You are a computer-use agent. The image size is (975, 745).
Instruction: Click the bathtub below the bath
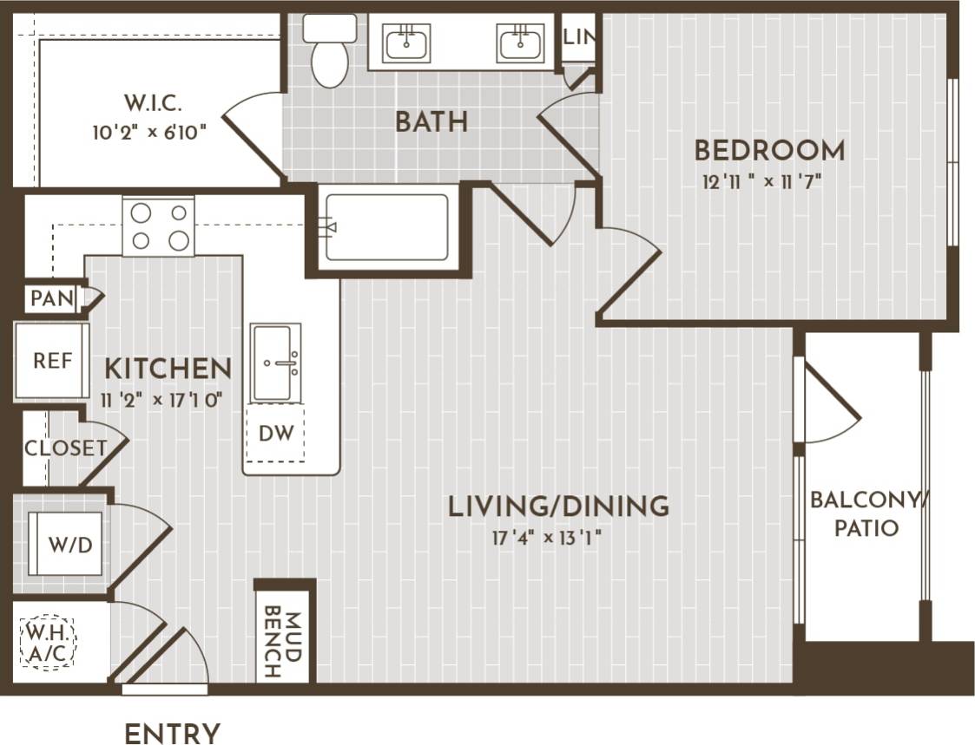[x=386, y=227]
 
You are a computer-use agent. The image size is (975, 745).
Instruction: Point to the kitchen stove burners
[x=158, y=226]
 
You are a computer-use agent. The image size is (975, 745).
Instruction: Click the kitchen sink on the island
[x=275, y=363]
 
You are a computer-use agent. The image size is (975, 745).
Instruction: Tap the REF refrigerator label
[x=52, y=360]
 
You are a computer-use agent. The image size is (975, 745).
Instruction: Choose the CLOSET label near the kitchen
[x=65, y=448]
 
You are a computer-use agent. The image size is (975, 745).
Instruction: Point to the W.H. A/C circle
[x=47, y=643]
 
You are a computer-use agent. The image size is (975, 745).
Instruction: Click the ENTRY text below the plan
[x=172, y=734]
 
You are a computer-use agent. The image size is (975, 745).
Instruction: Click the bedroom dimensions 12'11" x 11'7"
[x=761, y=182]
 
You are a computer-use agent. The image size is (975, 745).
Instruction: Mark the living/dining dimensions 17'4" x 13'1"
[x=547, y=537]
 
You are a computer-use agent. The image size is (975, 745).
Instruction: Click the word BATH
[x=432, y=122]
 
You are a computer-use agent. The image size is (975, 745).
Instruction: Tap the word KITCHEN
[x=168, y=369]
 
